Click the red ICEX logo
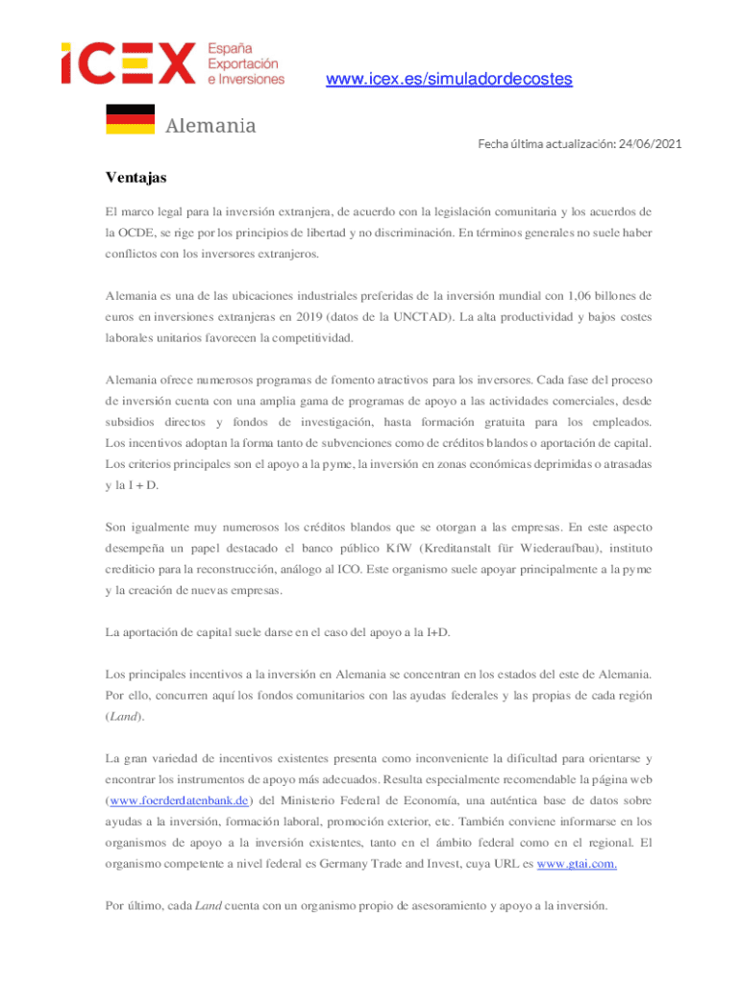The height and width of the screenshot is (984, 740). click(129, 63)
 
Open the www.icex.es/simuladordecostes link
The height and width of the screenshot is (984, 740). click(449, 79)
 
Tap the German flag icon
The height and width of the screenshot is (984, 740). click(130, 118)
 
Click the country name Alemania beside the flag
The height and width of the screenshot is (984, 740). click(210, 126)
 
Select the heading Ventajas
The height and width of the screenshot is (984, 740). click(136, 179)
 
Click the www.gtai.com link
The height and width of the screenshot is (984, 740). click(577, 863)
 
